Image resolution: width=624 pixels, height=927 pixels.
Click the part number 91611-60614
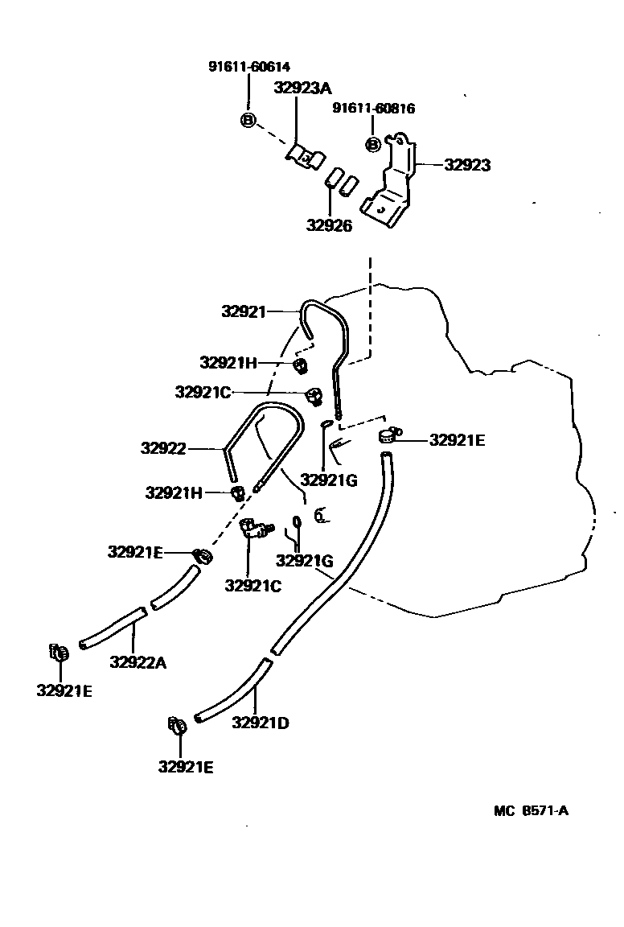pos(249,67)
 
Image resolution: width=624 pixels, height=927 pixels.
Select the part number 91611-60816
pos(374,109)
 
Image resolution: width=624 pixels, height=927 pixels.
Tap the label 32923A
pos(302,89)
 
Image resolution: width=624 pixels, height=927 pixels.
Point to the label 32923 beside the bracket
pos(467,165)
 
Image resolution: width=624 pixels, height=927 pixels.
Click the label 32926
pos(328,226)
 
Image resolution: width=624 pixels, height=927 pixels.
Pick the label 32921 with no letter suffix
pos(243,311)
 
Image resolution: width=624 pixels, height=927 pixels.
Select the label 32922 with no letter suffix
pos(163,448)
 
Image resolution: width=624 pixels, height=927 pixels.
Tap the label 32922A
pos(138,662)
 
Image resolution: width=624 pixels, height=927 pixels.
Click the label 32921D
pos(261,722)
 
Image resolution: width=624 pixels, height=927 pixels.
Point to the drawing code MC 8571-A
pos(531,810)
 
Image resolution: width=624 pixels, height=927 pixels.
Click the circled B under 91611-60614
pos(248,121)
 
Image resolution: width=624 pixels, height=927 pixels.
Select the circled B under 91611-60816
pos(373,144)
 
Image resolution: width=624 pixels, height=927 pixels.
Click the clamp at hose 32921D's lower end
pos(178,725)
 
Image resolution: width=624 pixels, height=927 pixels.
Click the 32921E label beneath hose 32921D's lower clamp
pos(186,767)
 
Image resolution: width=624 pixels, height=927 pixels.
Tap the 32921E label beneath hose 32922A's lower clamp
pos(64,690)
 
